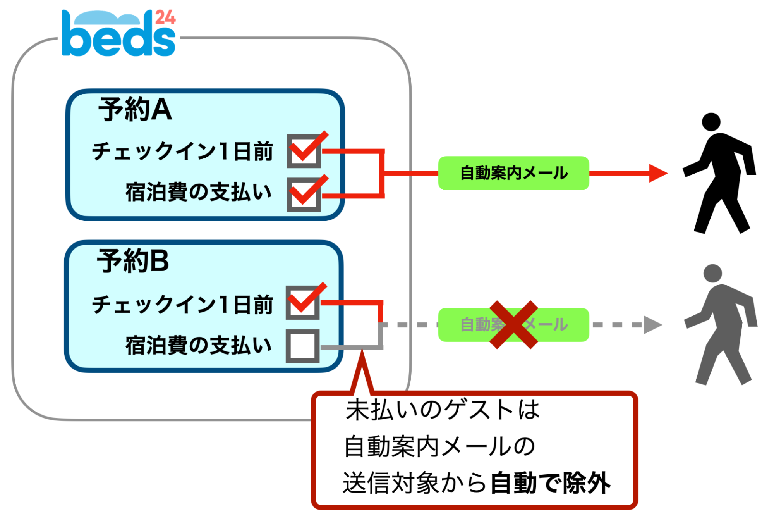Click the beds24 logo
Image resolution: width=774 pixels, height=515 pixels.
click(x=118, y=34)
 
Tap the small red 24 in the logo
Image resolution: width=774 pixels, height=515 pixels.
click(x=165, y=17)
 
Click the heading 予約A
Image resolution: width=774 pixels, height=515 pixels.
click(x=135, y=110)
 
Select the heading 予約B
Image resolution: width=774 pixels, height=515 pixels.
click(x=133, y=261)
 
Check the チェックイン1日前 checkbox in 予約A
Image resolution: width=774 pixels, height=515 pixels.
click(x=304, y=151)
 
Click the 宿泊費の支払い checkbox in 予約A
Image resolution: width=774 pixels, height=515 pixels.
click(x=304, y=194)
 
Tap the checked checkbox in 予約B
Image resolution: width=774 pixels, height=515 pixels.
click(x=303, y=303)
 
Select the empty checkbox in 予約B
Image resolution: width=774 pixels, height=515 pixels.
click(x=302, y=346)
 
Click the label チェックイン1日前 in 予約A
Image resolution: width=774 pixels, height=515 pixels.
click(x=182, y=151)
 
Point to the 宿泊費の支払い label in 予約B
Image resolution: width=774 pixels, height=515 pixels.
click(x=198, y=345)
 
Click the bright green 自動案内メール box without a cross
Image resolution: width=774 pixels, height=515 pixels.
click(x=513, y=173)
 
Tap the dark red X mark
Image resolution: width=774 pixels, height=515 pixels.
click(x=513, y=325)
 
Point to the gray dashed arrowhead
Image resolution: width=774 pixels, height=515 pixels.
click(x=652, y=325)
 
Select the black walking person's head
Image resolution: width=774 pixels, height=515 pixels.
click(x=711, y=122)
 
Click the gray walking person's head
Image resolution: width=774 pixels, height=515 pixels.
click(x=712, y=274)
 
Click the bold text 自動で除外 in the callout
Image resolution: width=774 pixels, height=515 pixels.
click(x=550, y=483)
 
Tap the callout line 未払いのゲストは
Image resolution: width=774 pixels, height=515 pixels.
click(x=443, y=410)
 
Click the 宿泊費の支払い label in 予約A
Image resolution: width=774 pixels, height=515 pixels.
click(x=198, y=192)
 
